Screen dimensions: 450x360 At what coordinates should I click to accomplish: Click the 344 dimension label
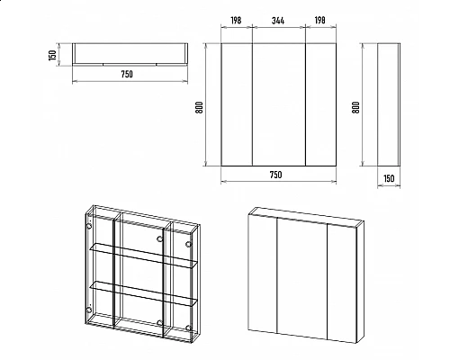tap(278, 21)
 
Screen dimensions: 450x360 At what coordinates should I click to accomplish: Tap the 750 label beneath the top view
tap(127, 74)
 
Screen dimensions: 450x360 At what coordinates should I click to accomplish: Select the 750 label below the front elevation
tap(275, 175)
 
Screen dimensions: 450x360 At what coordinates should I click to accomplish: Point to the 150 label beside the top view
tap(52, 55)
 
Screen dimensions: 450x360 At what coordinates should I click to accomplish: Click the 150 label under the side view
tap(389, 178)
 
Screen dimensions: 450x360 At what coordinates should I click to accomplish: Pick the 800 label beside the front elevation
tap(199, 107)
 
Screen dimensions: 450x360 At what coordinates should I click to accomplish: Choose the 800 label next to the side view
tap(355, 107)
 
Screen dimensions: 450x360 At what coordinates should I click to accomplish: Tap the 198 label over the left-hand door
tap(236, 21)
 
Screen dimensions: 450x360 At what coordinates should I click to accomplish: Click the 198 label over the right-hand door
tap(319, 21)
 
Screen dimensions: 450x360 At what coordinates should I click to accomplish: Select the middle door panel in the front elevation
tap(279, 104)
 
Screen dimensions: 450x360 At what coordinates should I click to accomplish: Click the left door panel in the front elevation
tap(237, 104)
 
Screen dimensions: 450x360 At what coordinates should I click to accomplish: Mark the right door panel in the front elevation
tap(321, 104)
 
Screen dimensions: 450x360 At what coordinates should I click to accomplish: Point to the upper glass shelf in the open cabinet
tap(144, 255)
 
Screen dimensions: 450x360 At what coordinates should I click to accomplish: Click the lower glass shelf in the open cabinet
tap(144, 293)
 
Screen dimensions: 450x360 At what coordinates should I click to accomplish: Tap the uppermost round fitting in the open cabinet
tap(89, 227)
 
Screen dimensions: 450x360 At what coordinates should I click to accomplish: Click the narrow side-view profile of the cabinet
tap(389, 104)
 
